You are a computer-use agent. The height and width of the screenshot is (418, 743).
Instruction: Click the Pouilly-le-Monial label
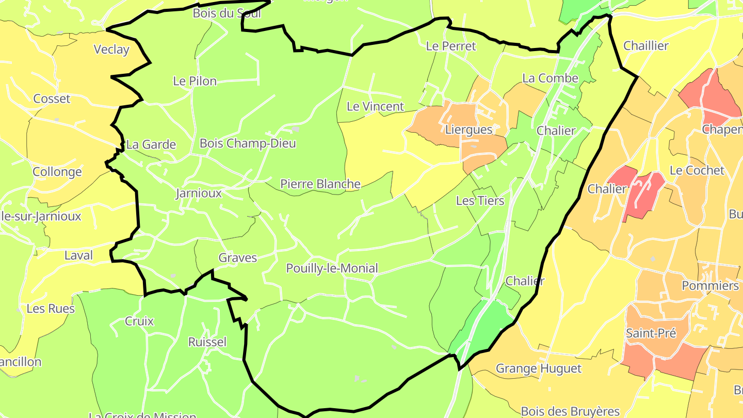pyautogui.click(x=332, y=268)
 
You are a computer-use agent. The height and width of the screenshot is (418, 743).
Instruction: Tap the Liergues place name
pyautogui.click(x=469, y=130)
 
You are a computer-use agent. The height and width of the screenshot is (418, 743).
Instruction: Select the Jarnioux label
pyautogui.click(x=199, y=193)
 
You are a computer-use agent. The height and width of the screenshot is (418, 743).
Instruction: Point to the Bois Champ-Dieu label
pyautogui.click(x=248, y=143)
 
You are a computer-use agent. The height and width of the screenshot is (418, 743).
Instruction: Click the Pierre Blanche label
pyautogui.click(x=320, y=184)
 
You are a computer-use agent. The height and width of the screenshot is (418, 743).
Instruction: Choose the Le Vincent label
pyautogui.click(x=375, y=106)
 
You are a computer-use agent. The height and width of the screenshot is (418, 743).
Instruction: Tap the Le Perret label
pyautogui.click(x=451, y=46)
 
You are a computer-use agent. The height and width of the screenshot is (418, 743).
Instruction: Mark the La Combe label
pyautogui.click(x=550, y=78)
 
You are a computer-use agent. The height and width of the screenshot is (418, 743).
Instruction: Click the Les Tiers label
pyautogui.click(x=480, y=200)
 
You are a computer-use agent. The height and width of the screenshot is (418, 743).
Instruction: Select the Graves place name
pyautogui.click(x=237, y=258)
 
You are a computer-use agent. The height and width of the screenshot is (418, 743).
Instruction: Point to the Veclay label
pyautogui.click(x=111, y=50)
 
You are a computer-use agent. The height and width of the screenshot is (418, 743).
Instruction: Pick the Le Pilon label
pyautogui.click(x=195, y=81)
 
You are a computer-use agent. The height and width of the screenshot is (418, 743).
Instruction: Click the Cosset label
pyautogui.click(x=52, y=99)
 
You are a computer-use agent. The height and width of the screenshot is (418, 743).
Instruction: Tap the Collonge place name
pyautogui.click(x=57, y=172)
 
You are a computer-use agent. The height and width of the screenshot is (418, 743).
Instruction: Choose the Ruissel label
pyautogui.click(x=207, y=342)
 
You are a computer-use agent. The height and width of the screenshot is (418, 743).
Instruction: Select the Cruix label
pyautogui.click(x=139, y=321)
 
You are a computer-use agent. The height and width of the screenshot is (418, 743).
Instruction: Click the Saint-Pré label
pyautogui.click(x=651, y=333)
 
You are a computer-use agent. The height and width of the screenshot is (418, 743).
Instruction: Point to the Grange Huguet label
pyautogui.click(x=538, y=368)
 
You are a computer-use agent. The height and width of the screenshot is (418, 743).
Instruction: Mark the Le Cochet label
pyautogui.click(x=697, y=170)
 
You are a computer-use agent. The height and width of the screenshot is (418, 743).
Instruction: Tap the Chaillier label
pyautogui.click(x=645, y=45)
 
